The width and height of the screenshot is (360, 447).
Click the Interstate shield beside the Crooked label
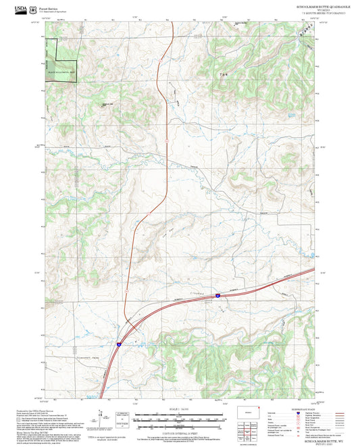[x=218, y=296]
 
